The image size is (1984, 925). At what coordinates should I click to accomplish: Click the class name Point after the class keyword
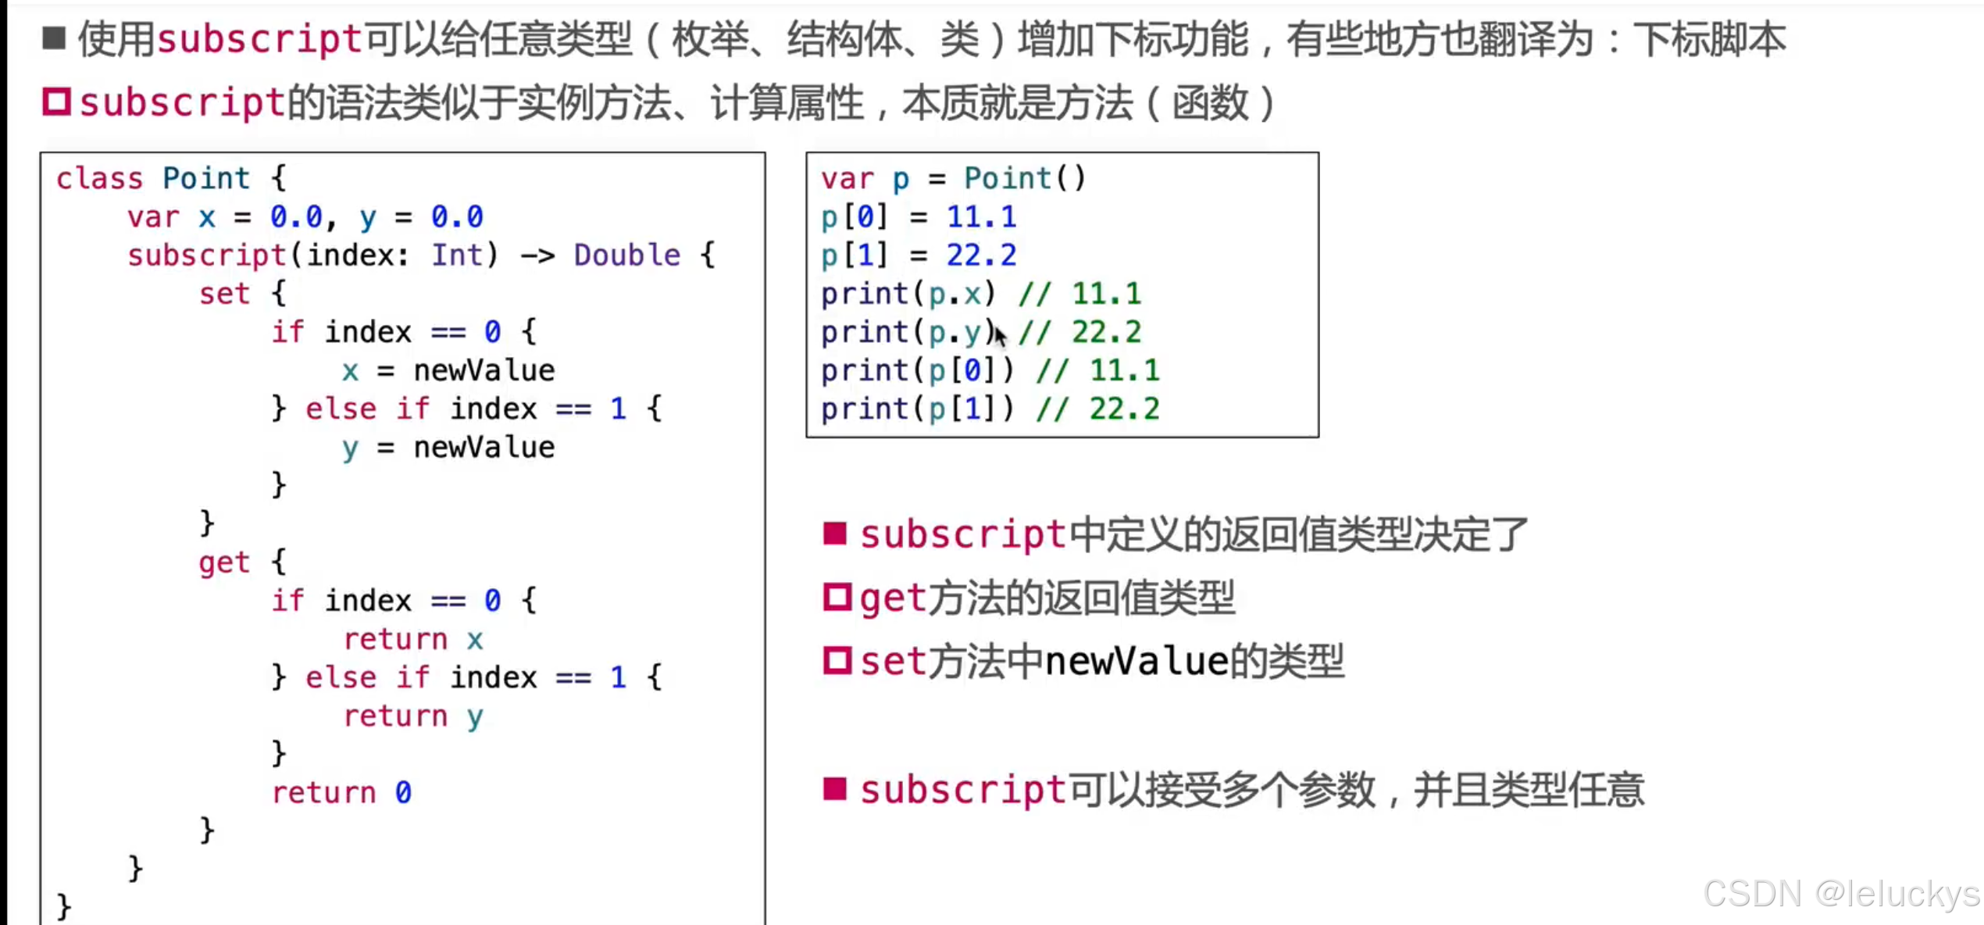click(x=206, y=179)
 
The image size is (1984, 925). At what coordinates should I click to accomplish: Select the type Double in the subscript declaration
click(x=626, y=255)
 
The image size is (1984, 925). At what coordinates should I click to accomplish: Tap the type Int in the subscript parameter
click(x=458, y=255)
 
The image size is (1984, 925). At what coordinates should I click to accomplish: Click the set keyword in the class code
click(x=224, y=294)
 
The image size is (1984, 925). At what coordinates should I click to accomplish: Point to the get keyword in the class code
click(x=224, y=562)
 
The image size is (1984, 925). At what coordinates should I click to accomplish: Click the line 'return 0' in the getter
click(x=341, y=793)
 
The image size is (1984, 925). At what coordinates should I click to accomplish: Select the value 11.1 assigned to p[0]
click(x=981, y=217)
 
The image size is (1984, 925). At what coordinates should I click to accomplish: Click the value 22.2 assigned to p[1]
click(x=981, y=255)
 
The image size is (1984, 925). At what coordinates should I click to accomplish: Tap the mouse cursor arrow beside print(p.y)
click(x=1000, y=336)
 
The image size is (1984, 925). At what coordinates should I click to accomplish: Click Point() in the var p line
click(x=1024, y=179)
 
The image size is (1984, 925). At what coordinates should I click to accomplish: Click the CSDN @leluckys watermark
click(x=1841, y=894)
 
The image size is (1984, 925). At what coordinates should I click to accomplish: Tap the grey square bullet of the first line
click(x=54, y=37)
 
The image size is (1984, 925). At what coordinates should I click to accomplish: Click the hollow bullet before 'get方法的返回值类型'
click(x=837, y=598)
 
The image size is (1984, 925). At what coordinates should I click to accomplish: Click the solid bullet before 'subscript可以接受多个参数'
click(x=835, y=789)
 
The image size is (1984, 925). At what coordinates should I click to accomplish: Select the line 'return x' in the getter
click(x=413, y=640)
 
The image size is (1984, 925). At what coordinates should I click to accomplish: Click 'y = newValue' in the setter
click(x=448, y=448)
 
